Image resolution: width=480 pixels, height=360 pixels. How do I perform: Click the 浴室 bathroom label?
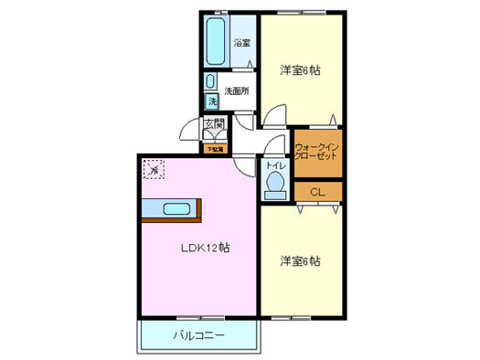coord(241,42)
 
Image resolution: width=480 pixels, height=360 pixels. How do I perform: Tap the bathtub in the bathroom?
coord(217,41)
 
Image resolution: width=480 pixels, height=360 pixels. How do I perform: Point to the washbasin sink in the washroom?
coord(210,80)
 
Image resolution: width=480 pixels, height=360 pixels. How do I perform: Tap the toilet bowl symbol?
coord(274,185)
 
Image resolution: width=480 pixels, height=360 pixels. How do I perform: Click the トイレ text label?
coord(274,166)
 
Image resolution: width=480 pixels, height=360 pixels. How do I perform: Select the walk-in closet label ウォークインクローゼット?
coord(316,152)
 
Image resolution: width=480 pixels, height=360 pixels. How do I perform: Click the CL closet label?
coord(316,192)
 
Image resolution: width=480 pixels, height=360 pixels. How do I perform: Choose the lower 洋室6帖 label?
coord(299,261)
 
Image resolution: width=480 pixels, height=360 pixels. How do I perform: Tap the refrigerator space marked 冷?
coord(153,169)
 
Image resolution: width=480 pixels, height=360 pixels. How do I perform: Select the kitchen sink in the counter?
coord(177,208)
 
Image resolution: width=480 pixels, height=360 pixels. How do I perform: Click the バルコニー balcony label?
coord(199,335)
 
